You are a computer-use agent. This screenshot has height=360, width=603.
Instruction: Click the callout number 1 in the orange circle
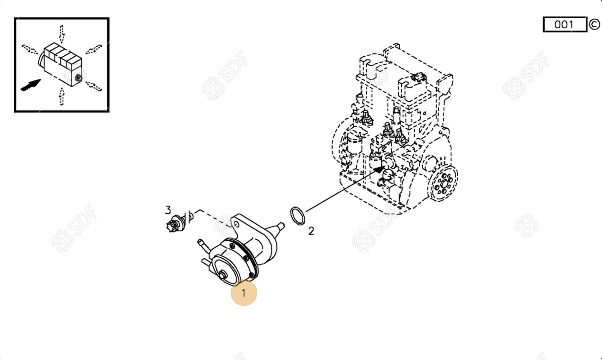point(243,293)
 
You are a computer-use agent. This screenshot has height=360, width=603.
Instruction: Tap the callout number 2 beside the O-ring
point(311,231)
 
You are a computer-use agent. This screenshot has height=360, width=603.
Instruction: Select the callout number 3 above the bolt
point(168,210)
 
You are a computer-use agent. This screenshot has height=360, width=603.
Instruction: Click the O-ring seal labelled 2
point(297,216)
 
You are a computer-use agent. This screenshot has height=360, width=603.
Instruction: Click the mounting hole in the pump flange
point(236,224)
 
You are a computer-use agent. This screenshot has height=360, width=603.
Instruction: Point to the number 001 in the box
point(564,24)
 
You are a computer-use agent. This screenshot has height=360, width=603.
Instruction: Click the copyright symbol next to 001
point(594,24)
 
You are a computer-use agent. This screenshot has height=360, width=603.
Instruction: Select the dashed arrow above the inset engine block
point(61,34)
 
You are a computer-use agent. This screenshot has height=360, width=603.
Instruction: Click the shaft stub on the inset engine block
point(78,78)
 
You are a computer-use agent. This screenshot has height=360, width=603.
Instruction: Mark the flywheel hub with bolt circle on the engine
point(444,183)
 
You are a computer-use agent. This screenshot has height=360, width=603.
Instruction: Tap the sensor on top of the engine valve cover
point(418,77)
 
